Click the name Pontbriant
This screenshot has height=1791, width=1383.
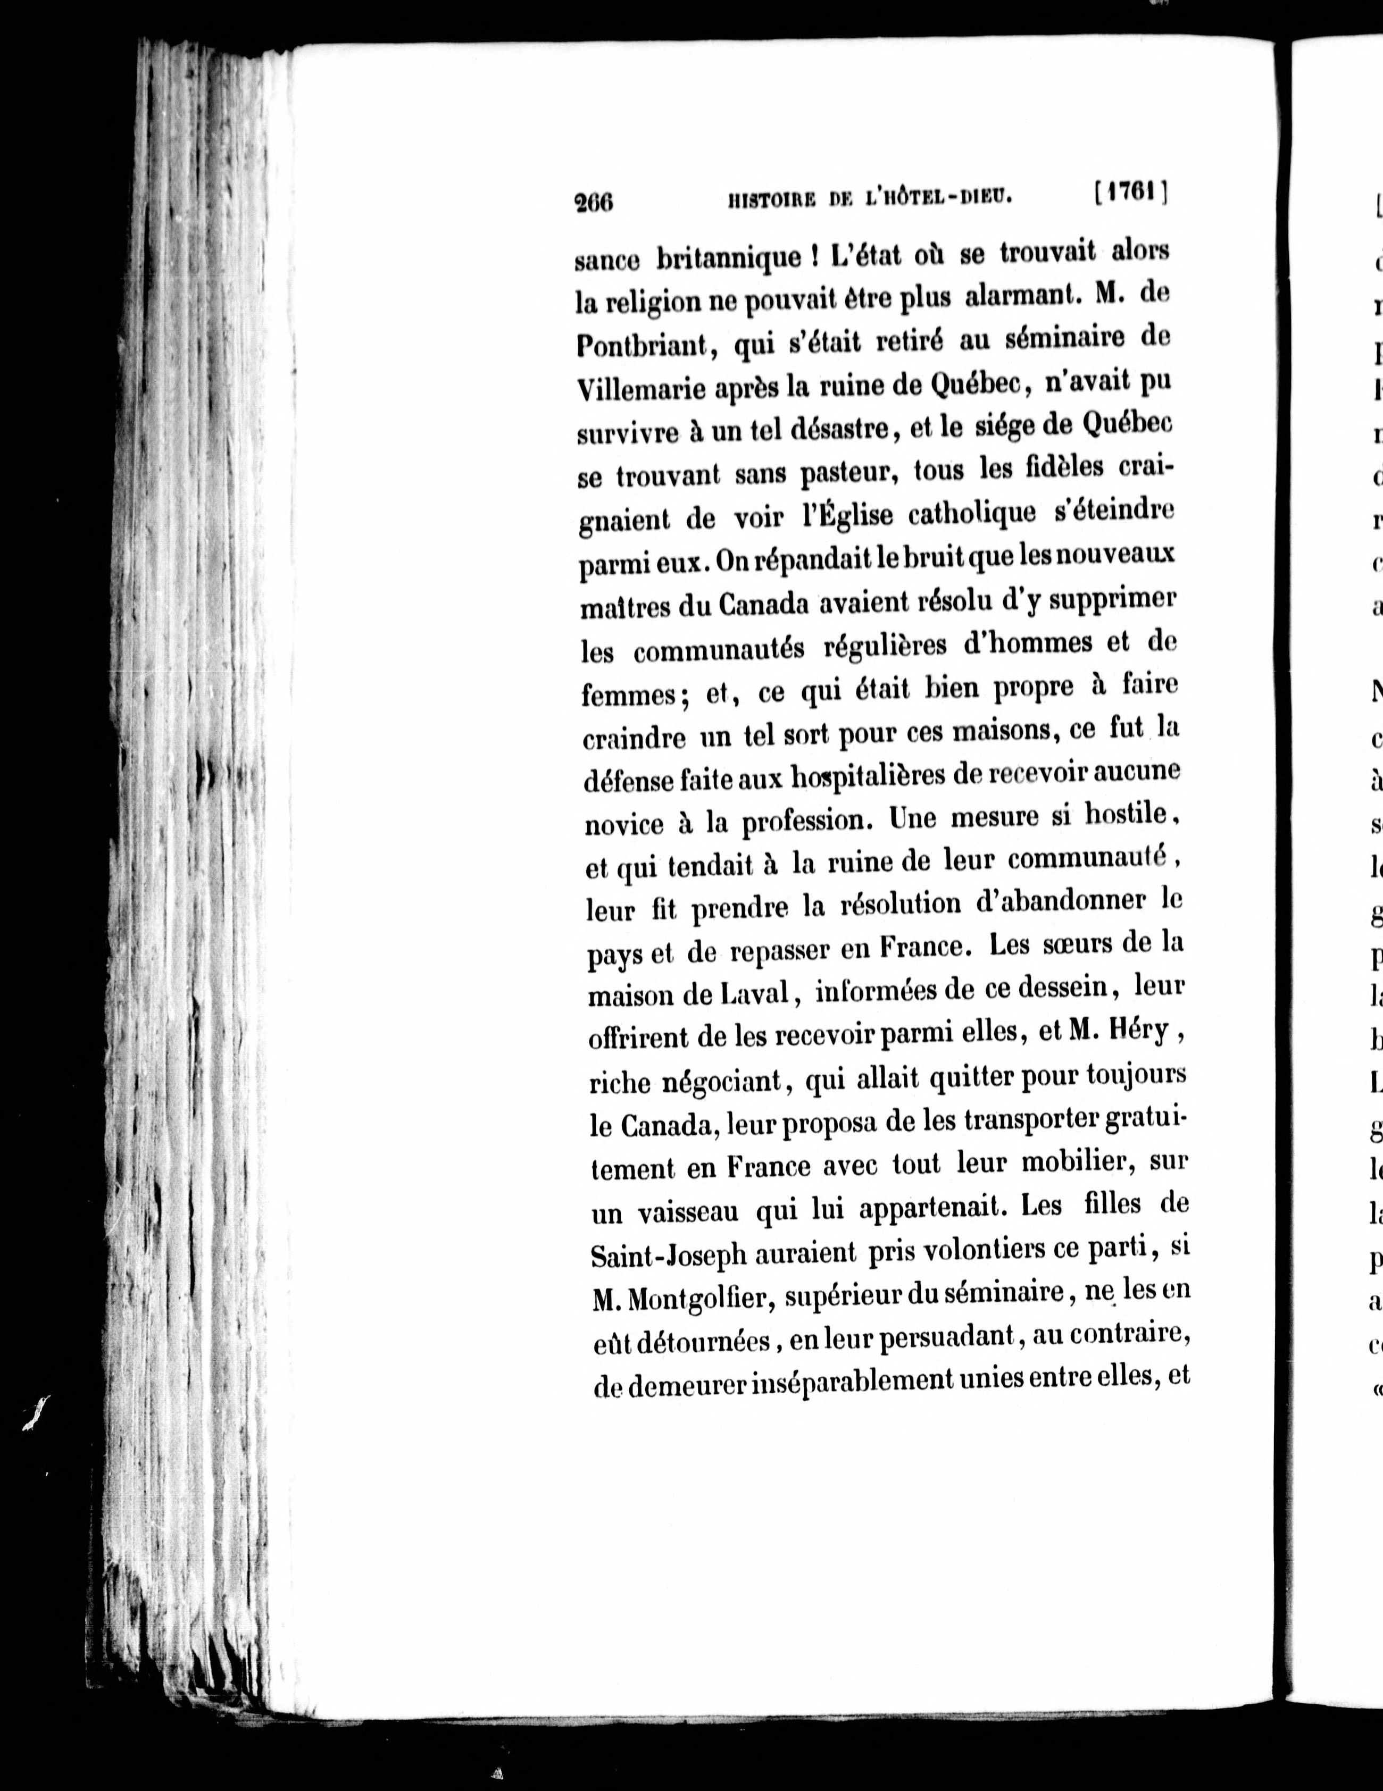pyautogui.click(x=641, y=346)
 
